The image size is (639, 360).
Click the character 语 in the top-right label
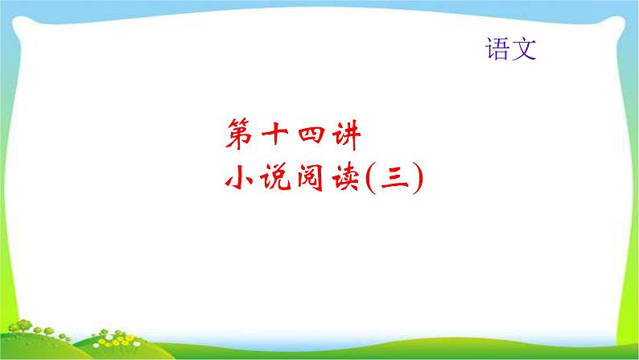[x=497, y=51]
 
